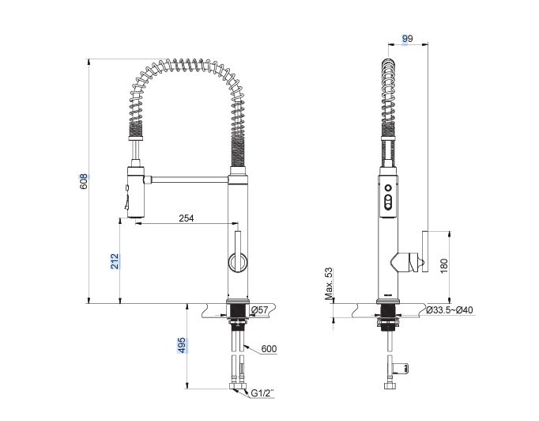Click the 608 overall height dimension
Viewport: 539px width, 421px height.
[84, 181]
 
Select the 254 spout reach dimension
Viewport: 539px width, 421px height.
[187, 218]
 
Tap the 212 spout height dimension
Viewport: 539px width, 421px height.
[115, 261]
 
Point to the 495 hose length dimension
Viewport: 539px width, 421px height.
[182, 345]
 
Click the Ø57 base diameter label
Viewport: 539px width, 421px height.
[259, 310]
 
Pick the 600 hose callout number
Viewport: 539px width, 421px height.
[269, 349]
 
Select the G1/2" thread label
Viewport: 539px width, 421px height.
[262, 393]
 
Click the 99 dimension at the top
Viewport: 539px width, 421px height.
[407, 39]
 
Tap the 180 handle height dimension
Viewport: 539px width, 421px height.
[444, 266]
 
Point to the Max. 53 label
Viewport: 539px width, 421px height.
[330, 283]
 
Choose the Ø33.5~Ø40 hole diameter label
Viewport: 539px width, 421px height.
[450, 310]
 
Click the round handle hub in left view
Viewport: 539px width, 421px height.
[238, 263]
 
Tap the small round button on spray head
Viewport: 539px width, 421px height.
[388, 188]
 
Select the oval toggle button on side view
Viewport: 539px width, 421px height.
[388, 203]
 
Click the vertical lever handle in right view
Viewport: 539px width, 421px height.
[425, 252]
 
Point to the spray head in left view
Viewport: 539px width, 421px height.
[135, 192]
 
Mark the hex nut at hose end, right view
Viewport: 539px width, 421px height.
[389, 385]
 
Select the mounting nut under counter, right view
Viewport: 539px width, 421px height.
[389, 324]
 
